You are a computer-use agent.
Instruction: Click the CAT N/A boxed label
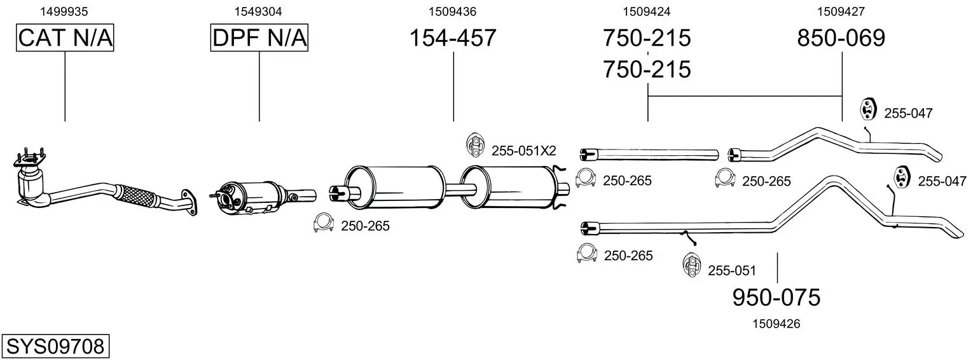click(x=65, y=38)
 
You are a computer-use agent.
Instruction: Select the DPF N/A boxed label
click(x=259, y=38)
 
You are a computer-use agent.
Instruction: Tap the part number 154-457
click(x=453, y=38)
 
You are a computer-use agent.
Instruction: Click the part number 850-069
click(x=841, y=38)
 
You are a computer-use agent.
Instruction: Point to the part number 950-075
click(x=776, y=298)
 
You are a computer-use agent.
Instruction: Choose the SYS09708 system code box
click(x=55, y=347)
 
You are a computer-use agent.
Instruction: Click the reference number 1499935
click(x=64, y=11)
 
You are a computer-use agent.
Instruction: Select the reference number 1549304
click(x=258, y=11)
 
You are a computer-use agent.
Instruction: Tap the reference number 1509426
click(x=776, y=324)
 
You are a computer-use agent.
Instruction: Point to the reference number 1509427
click(x=841, y=11)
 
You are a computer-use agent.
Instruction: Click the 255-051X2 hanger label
click(x=524, y=151)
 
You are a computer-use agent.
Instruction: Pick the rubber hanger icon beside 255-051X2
click(x=476, y=146)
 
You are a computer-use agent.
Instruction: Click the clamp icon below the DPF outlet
click(x=323, y=223)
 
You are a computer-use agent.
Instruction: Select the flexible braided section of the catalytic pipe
click(x=137, y=198)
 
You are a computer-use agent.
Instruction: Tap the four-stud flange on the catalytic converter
click(x=29, y=160)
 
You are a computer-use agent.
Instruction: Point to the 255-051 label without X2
click(x=732, y=270)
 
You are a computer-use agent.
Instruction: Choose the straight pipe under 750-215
click(x=649, y=154)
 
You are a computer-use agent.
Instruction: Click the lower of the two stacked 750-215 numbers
click(x=647, y=69)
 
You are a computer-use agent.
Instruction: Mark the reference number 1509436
click(x=453, y=11)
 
